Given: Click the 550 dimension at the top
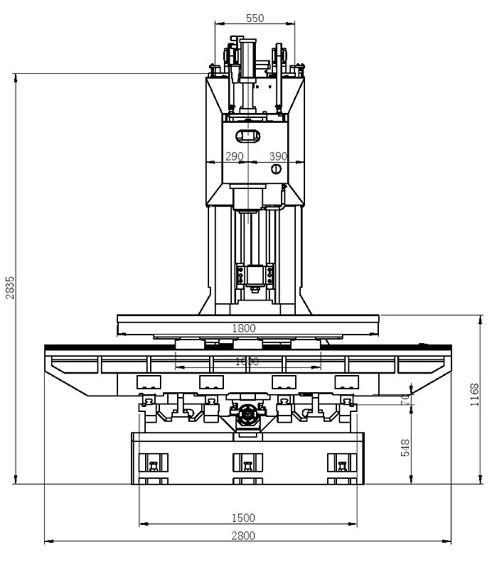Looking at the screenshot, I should (x=255, y=18).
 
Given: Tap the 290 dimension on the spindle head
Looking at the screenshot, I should (x=235, y=156).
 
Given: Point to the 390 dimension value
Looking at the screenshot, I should (x=279, y=156).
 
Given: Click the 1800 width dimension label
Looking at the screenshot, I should (x=244, y=328).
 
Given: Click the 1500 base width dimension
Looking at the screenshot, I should (x=244, y=518).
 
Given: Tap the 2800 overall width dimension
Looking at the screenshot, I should (x=244, y=536).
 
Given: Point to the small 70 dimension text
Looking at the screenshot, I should (x=405, y=399).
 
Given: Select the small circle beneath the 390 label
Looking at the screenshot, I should (x=276, y=169).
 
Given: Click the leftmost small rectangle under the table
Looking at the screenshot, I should (x=149, y=381).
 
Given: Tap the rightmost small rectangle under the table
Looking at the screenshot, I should (x=347, y=381).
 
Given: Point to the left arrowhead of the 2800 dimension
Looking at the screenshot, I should (x=48, y=541).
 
